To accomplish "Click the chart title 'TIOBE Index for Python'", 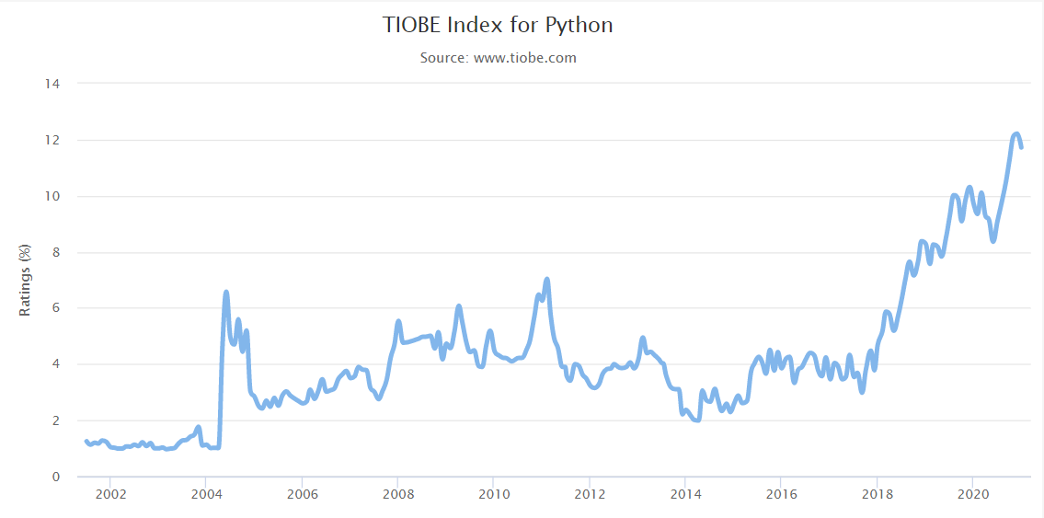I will (498, 25).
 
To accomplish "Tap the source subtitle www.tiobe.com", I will (498, 58).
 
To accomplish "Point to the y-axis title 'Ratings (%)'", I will (26, 280).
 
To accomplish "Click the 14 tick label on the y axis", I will (52, 84).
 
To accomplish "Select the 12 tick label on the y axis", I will (52, 140).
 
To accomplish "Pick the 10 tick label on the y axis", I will (52, 196).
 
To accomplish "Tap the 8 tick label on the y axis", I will (55, 252).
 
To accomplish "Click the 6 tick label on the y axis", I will (55, 308).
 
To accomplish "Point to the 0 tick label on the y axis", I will (55, 477).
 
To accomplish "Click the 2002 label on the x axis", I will (109, 495).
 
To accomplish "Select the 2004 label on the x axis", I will (205, 495).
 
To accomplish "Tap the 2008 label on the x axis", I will (397, 495).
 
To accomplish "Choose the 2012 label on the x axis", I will (589, 495).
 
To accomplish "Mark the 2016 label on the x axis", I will (780, 495).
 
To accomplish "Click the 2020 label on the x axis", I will (972, 495).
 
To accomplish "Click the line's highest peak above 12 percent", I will (1015, 134).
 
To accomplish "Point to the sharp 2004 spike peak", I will (226, 293).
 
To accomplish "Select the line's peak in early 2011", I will (547, 279).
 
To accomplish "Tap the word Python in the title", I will (580, 25).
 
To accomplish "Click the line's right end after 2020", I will (1021, 147).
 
